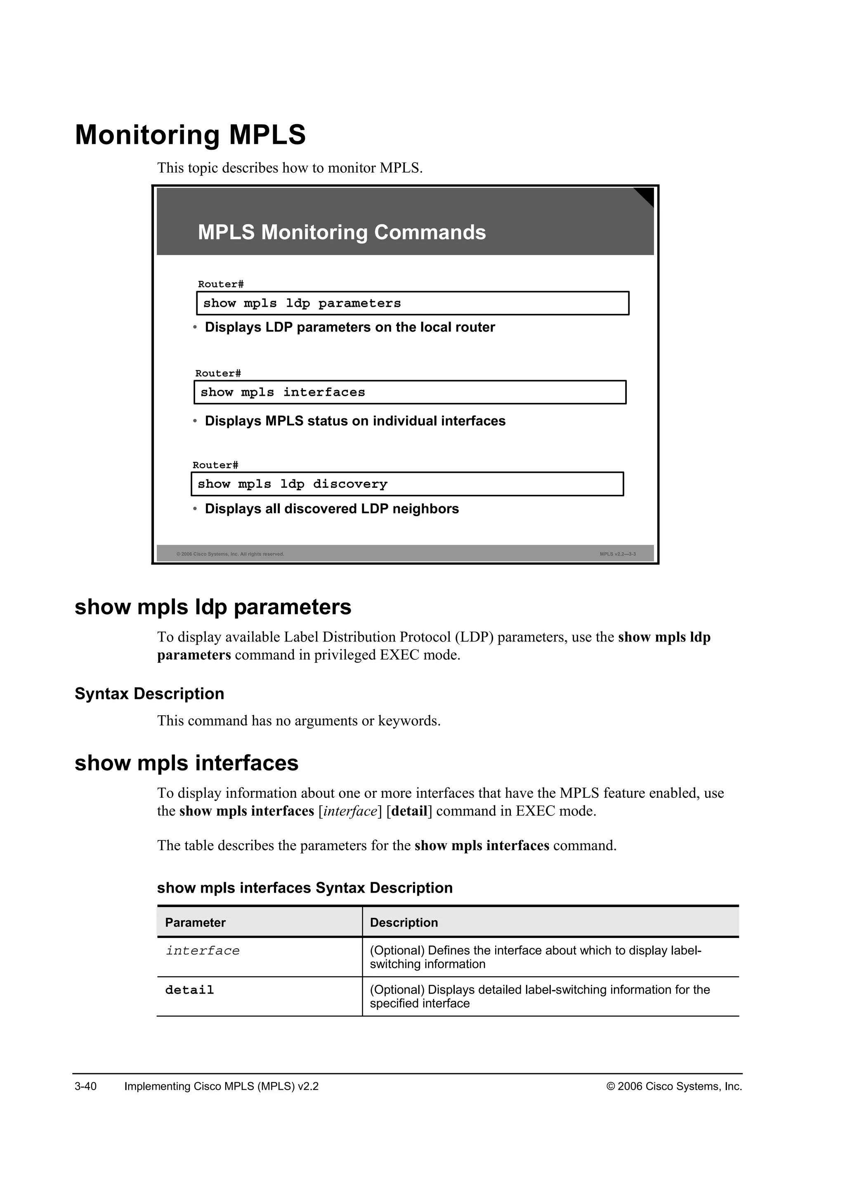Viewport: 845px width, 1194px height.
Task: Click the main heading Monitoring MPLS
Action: (x=191, y=135)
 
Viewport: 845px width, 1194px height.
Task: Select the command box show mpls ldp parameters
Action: (x=412, y=303)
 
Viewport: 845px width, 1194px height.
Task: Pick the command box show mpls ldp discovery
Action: (x=407, y=484)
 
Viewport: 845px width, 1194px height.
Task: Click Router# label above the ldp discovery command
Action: (x=215, y=465)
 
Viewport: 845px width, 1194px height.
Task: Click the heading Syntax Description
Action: (x=149, y=694)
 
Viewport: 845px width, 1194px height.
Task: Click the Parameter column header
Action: (x=195, y=923)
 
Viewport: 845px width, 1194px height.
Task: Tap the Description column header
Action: (x=404, y=923)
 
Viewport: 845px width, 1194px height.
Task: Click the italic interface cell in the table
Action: (x=203, y=951)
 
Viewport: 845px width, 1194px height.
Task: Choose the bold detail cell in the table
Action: (x=189, y=990)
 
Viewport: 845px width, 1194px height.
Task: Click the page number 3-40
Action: (x=85, y=1086)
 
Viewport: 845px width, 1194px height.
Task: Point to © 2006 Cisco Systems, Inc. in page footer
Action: (x=674, y=1086)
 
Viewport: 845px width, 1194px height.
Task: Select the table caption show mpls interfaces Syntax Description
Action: (x=304, y=888)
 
